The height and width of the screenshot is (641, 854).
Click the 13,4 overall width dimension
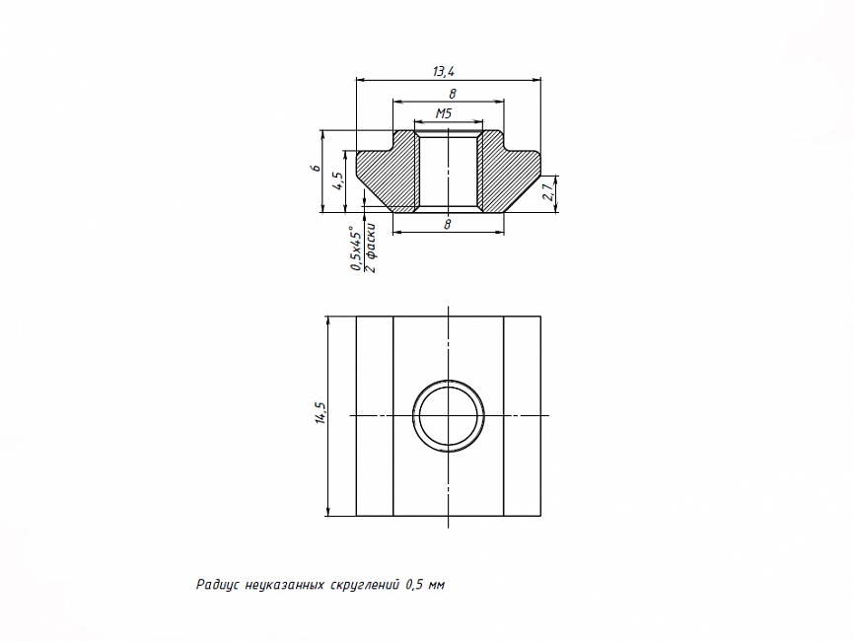click(x=444, y=71)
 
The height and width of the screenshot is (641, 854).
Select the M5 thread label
click(x=444, y=113)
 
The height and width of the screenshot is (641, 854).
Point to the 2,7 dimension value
click(x=550, y=192)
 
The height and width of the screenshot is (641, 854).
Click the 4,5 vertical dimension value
click(x=338, y=180)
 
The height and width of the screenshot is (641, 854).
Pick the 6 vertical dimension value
click(x=316, y=169)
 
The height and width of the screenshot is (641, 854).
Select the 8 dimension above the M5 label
click(x=452, y=95)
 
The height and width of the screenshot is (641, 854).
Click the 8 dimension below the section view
click(x=448, y=225)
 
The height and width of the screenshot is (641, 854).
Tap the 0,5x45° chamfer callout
click(x=356, y=248)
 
